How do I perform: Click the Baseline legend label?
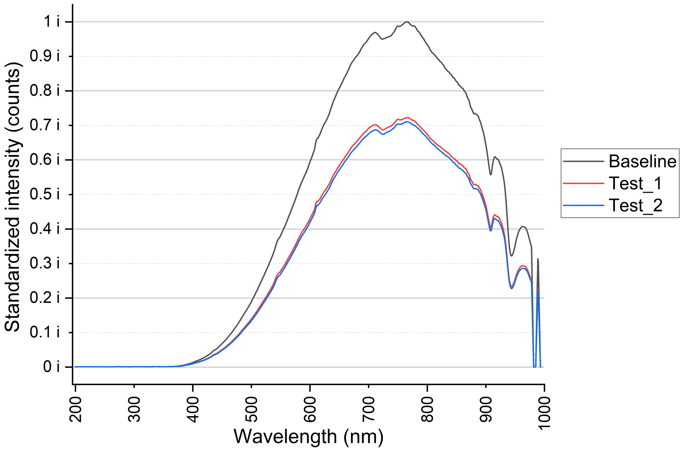642,162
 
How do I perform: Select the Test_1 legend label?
636,183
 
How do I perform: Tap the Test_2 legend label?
636,205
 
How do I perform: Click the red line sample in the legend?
583,183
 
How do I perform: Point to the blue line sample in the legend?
583,205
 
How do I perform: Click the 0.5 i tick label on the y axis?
45,194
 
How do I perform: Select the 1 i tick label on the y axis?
51,22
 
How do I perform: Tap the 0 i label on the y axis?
51,367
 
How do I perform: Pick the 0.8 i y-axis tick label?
45,91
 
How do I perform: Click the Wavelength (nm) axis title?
308,437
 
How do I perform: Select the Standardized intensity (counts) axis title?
12,197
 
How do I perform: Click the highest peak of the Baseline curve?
407,22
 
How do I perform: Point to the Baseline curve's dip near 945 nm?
511,256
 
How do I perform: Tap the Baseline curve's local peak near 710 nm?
375,32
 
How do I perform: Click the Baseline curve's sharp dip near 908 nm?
490,175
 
